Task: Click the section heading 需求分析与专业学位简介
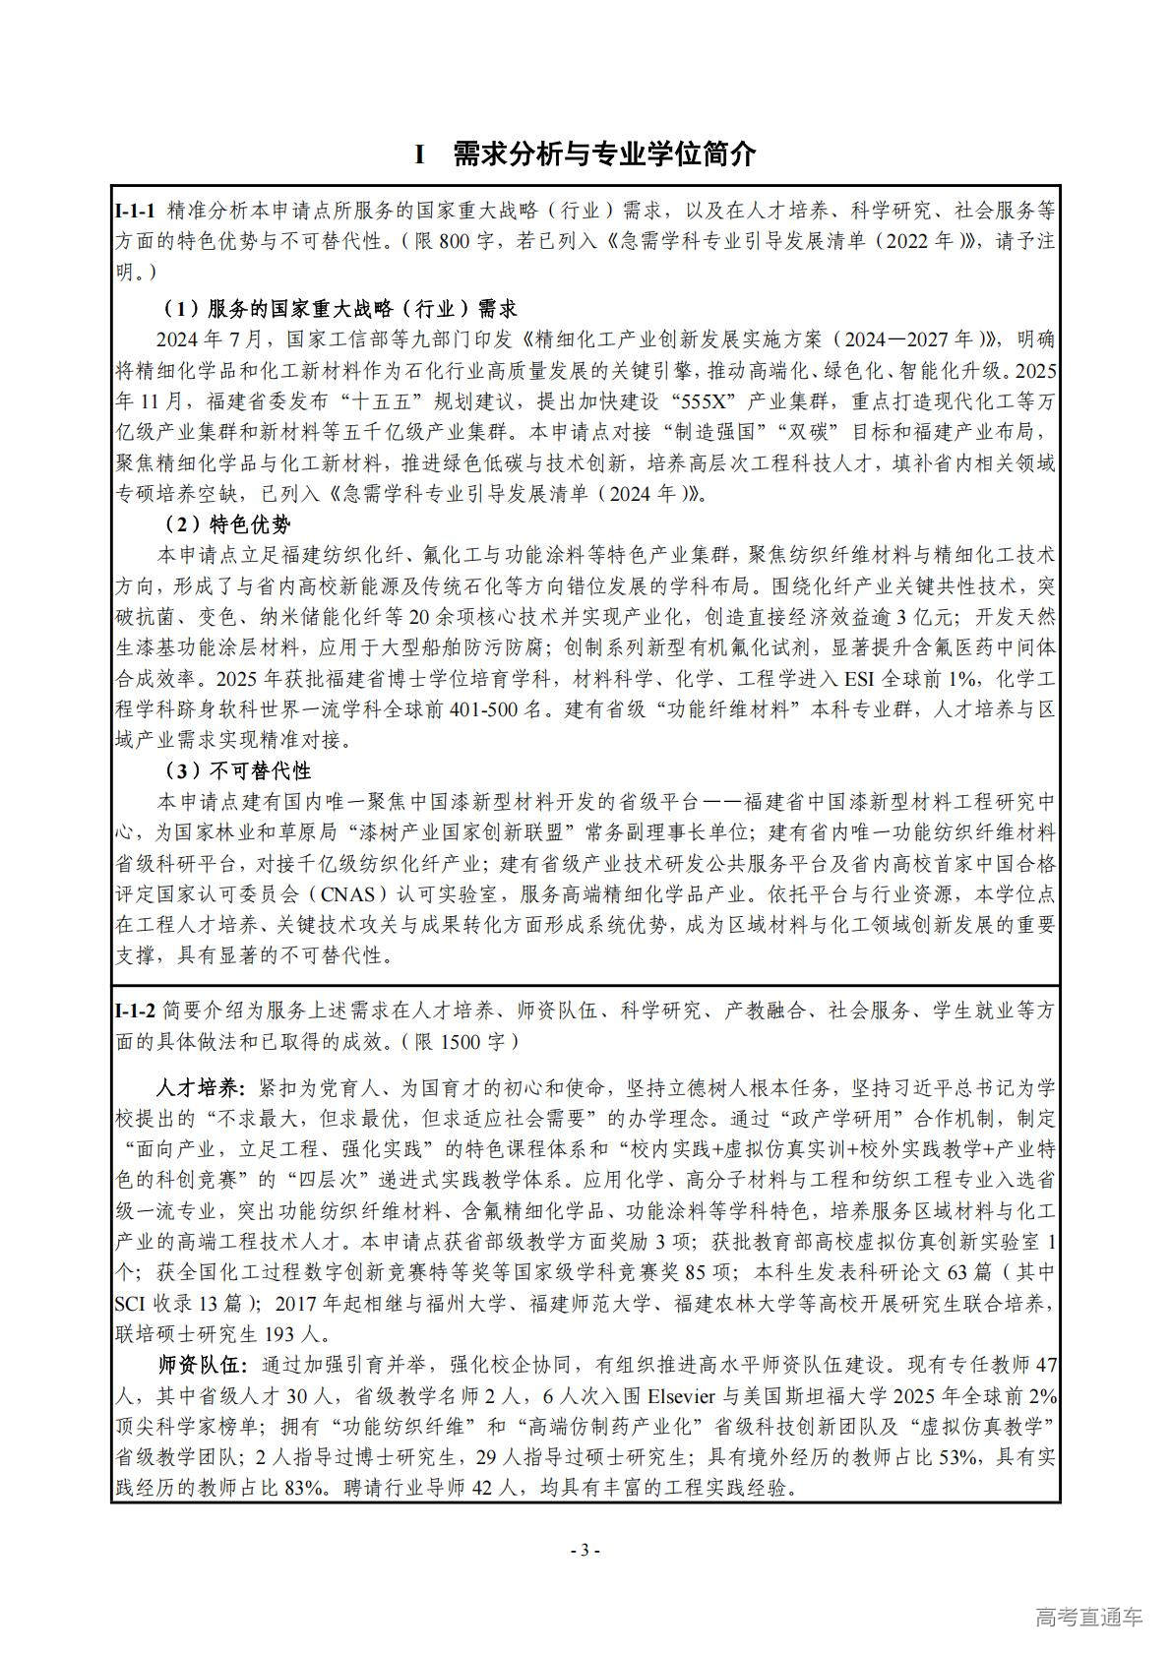tap(604, 154)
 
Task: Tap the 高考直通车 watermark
tap(1088, 1617)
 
